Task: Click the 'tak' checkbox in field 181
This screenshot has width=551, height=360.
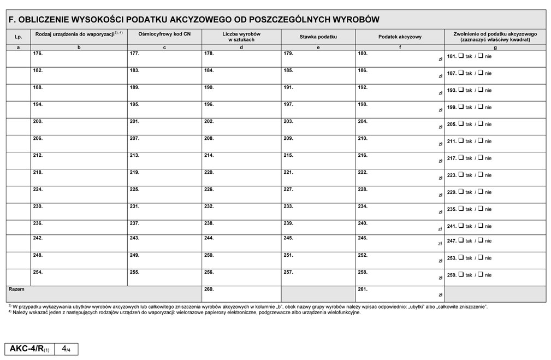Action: tap(461, 56)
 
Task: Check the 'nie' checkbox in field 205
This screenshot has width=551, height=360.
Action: tap(481, 124)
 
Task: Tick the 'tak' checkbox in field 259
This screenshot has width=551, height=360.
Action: tap(461, 275)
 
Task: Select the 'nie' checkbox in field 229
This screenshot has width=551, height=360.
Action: tap(481, 192)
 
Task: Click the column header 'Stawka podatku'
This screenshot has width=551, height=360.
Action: tap(318, 37)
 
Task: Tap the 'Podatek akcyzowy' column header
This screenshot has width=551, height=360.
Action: tap(400, 37)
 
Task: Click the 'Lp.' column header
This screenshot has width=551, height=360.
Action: tap(18, 37)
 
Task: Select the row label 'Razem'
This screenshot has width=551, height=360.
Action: tap(16, 288)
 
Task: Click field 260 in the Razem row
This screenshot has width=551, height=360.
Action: tap(241, 294)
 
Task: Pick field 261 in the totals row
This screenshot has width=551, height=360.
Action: tap(400, 294)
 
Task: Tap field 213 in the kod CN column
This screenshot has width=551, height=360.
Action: tap(164, 161)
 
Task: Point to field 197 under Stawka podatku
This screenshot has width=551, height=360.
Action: tap(318, 110)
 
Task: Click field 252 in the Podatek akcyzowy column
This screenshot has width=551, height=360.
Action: tap(400, 260)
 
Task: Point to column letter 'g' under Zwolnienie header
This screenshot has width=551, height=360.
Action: tap(495, 48)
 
